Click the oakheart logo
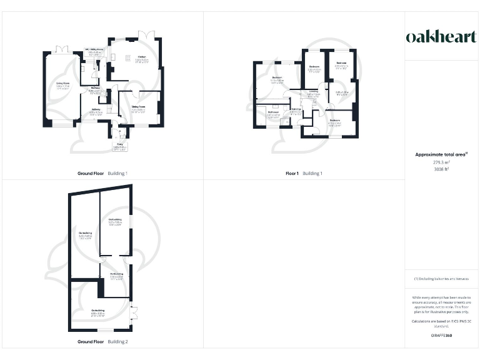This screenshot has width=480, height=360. [x=442, y=37]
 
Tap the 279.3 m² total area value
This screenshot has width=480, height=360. [x=442, y=162]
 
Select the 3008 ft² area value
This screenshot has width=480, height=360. [x=442, y=169]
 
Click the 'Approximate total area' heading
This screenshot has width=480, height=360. [x=441, y=154]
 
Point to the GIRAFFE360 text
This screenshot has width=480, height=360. [x=442, y=336]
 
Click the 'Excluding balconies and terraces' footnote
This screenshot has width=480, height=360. [x=442, y=278]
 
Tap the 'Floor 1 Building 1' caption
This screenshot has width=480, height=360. [x=304, y=173]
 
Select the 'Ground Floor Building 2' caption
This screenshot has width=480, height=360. [x=102, y=342]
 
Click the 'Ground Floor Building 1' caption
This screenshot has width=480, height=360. [x=102, y=173]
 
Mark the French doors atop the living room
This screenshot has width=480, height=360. [x=61, y=49]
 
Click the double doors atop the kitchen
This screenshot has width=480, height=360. [x=146, y=34]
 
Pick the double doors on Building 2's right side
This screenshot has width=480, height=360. [x=132, y=311]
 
